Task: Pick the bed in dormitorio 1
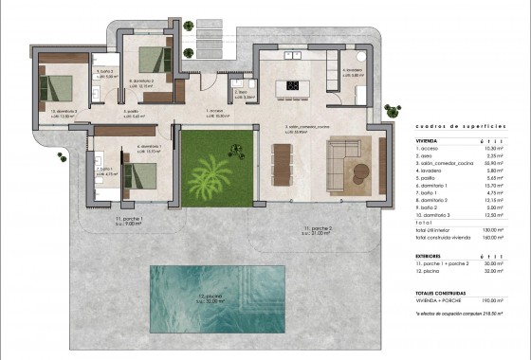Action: [140, 174]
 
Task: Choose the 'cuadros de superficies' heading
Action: [451, 126]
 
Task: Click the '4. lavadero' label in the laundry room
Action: [354, 71]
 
